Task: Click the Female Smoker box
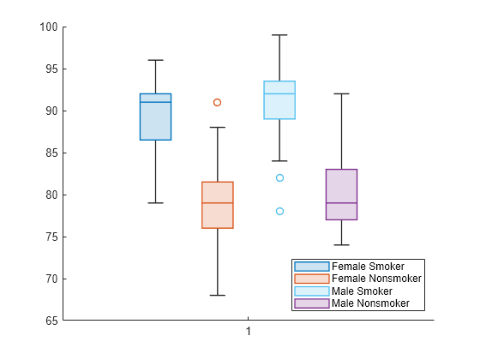coord(155,117)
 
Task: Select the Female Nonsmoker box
coord(218,205)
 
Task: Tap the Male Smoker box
coord(279,100)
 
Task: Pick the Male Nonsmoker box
coord(341,195)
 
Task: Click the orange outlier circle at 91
coord(218,102)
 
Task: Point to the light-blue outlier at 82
coord(279,177)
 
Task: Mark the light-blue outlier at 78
coord(279,211)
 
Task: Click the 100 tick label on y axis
coord(47,27)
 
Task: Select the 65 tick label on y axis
coord(50,321)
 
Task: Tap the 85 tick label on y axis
coord(50,153)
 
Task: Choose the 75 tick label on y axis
coord(50,237)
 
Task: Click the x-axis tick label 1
coord(249,332)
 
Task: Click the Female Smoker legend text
coord(368,267)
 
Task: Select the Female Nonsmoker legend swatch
coord(311,279)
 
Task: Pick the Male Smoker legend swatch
coord(311,291)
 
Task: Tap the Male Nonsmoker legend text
coord(370,303)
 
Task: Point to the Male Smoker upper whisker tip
coord(279,35)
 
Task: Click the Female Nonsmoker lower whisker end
coord(218,295)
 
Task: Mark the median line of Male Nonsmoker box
coord(341,203)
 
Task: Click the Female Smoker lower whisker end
coord(155,203)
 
